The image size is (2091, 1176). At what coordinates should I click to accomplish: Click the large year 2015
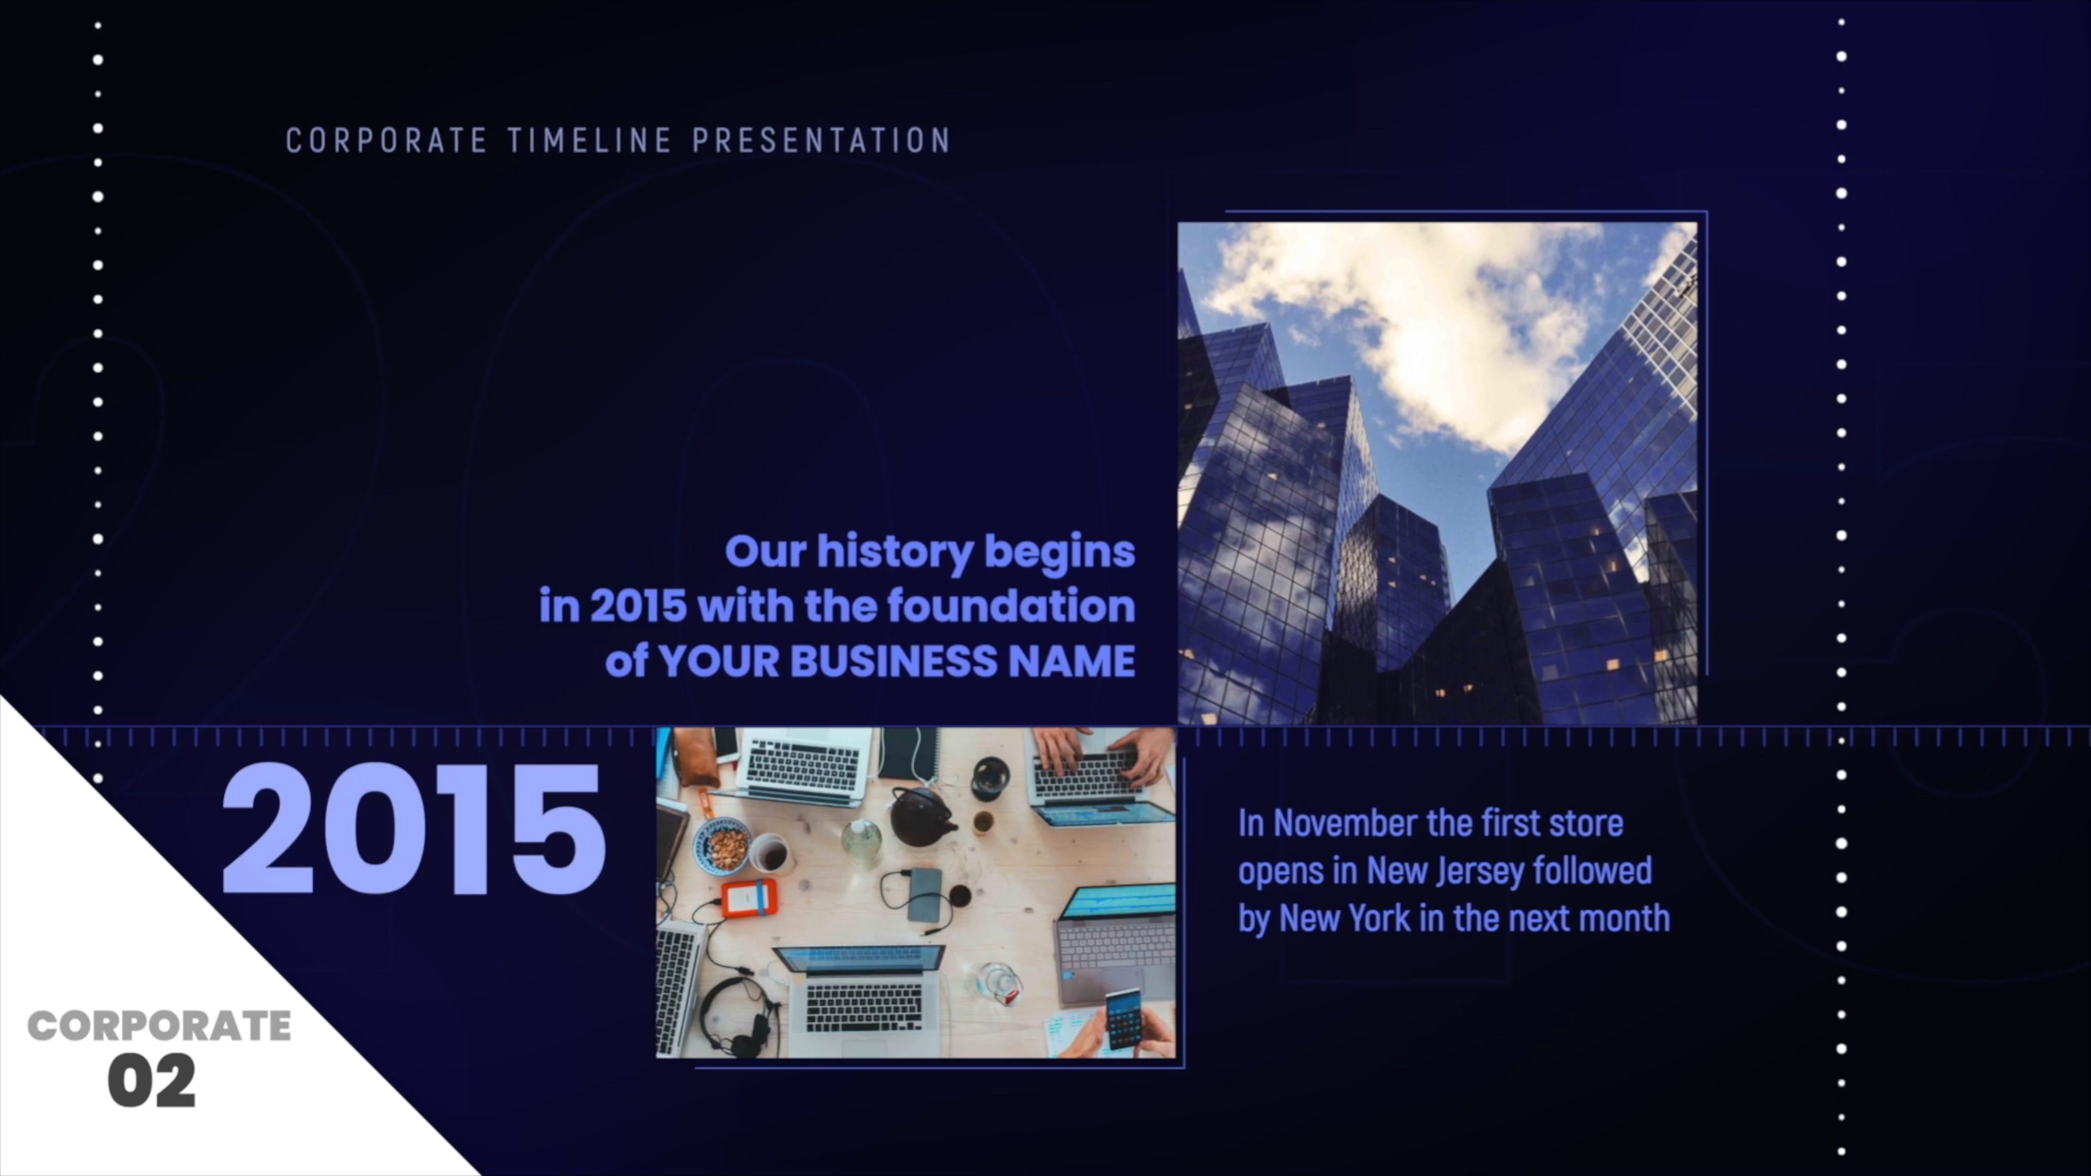click(413, 829)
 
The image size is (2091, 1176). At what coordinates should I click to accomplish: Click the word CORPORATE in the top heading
click(387, 140)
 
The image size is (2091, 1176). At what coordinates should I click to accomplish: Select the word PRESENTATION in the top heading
click(822, 140)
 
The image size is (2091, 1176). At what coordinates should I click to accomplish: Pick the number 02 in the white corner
click(152, 1080)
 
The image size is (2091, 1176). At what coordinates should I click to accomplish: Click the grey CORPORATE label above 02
click(159, 1026)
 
